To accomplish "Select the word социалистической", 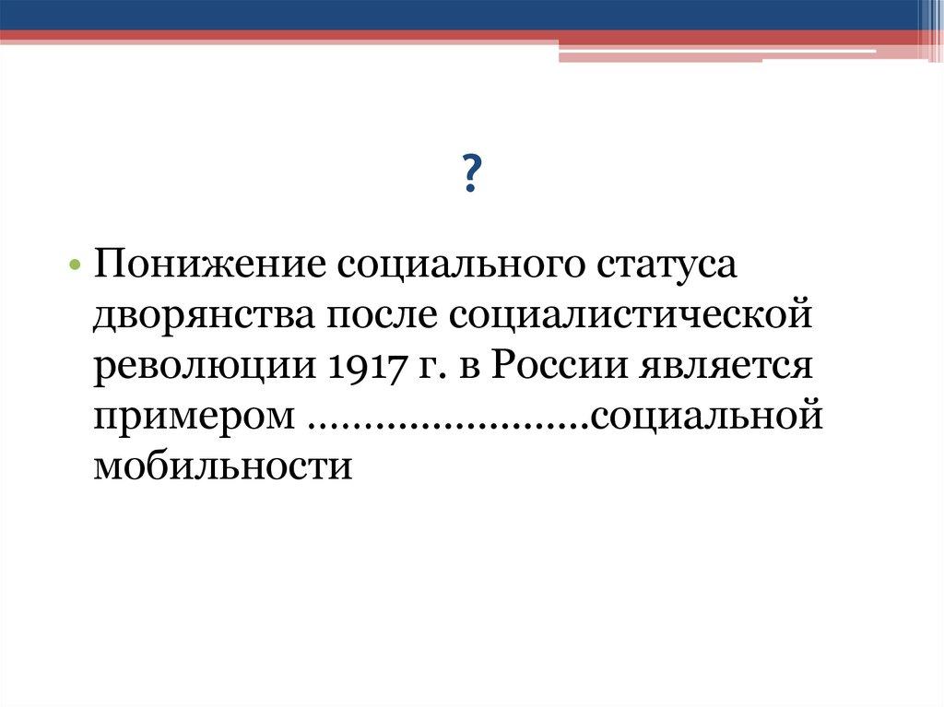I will (632, 316).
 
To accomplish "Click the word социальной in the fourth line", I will (706, 416).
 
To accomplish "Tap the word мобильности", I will (222, 465).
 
